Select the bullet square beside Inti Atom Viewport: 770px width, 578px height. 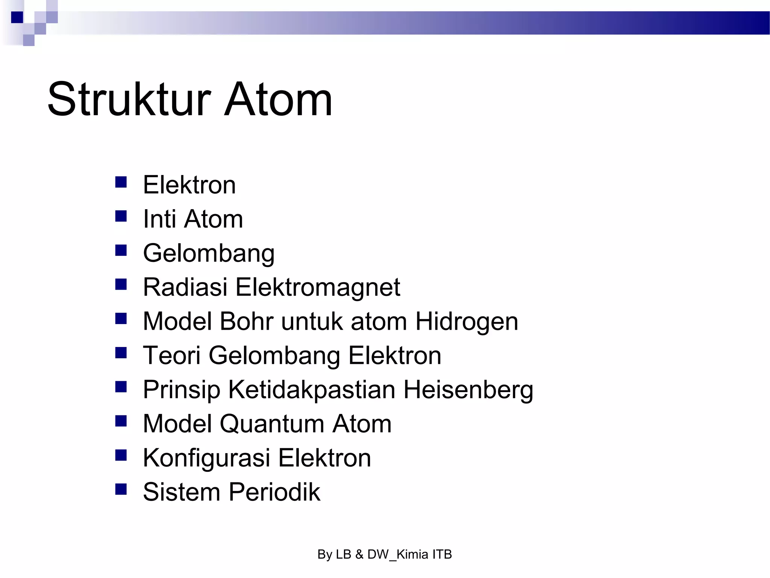[x=121, y=216]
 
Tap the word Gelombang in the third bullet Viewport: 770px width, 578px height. [x=209, y=253]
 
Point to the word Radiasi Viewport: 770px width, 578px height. [x=185, y=287]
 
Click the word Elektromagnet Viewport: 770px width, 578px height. [x=318, y=288]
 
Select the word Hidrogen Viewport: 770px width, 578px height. [x=467, y=322]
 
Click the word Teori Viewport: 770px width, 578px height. [x=171, y=355]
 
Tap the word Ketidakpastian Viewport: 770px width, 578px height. [x=312, y=389]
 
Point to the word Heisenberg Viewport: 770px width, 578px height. [x=468, y=390]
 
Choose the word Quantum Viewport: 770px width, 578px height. [x=272, y=424]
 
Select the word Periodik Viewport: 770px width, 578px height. [x=274, y=492]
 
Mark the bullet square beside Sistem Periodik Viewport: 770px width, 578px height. [x=121, y=489]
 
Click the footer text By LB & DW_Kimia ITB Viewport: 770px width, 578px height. [x=385, y=554]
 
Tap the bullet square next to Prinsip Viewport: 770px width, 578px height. [x=121, y=387]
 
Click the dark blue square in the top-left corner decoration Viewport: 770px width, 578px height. [x=17, y=17]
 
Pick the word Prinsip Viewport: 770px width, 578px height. [x=181, y=390]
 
